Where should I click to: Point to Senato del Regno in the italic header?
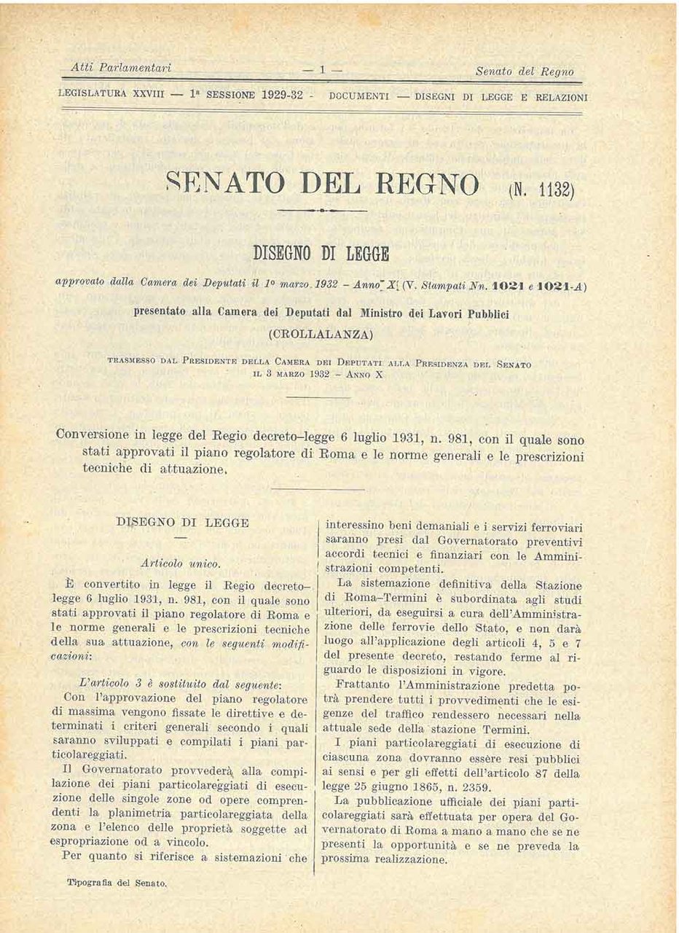tap(524, 71)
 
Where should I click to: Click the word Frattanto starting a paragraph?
tap(363, 686)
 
